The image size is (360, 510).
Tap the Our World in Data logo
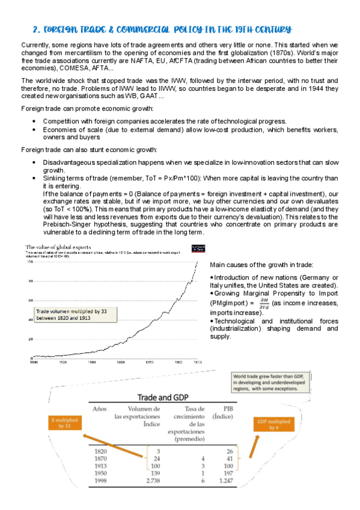pyautogui.click(x=197, y=248)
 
